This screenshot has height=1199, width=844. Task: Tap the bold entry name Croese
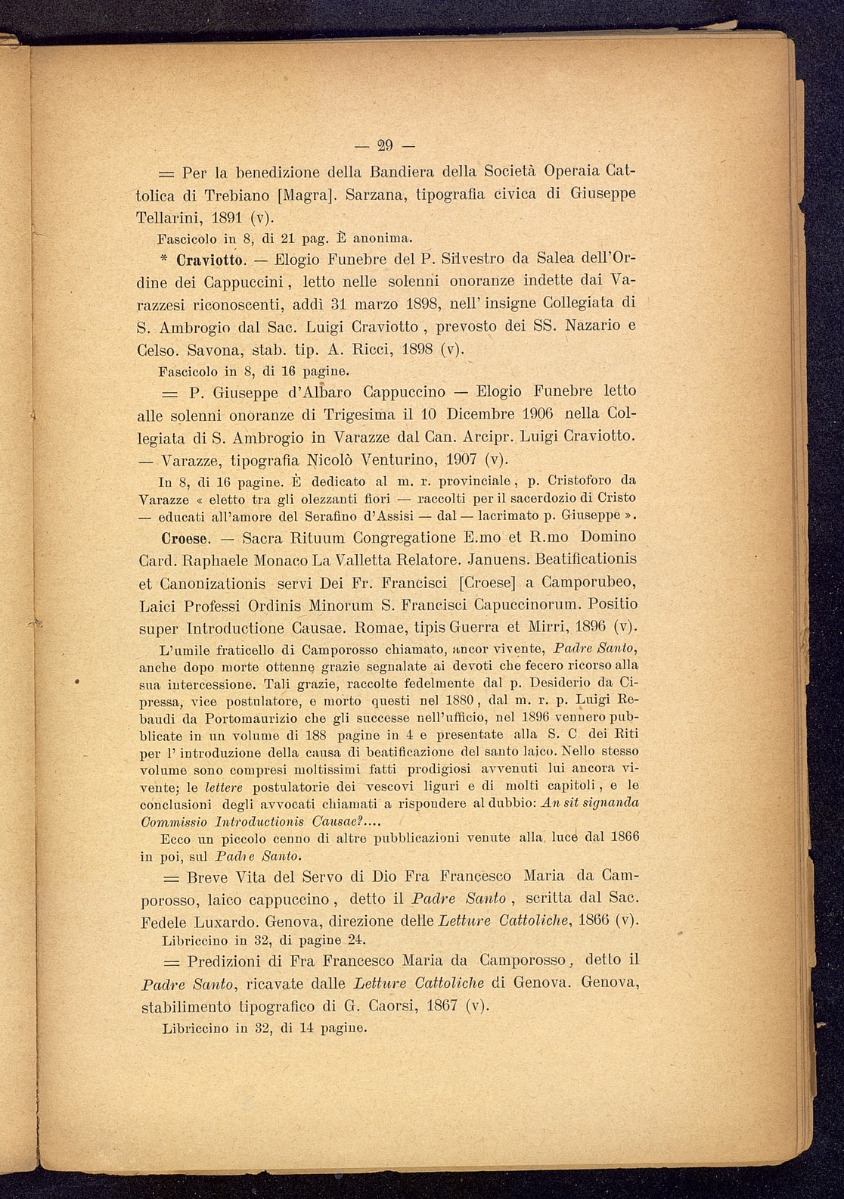point(185,538)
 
